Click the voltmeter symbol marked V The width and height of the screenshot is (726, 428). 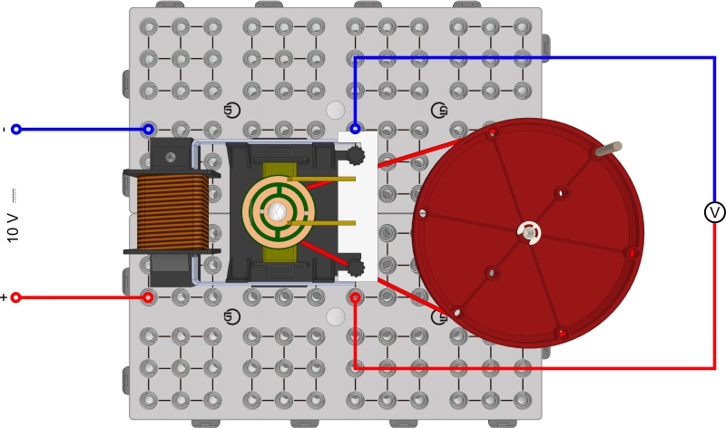tap(714, 212)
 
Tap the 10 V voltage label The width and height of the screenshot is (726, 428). tap(13, 221)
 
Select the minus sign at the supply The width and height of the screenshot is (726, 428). tap(4, 130)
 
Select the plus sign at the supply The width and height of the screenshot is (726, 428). tap(4, 297)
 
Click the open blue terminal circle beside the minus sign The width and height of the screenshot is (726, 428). tap(16, 130)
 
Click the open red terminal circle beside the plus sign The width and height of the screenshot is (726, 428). tap(16, 297)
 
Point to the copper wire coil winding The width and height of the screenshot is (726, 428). tap(172, 212)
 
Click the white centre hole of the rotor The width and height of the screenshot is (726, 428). tap(279, 212)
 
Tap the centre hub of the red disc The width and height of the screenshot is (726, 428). tap(529, 233)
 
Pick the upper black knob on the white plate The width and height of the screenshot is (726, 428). tap(356, 156)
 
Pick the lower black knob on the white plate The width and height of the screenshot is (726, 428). tap(356, 267)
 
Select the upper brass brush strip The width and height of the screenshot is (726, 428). tap(322, 180)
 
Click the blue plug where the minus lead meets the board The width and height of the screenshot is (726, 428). tap(148, 130)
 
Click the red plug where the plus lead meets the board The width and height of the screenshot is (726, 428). tap(148, 297)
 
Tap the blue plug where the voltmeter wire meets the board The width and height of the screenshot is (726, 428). tap(356, 129)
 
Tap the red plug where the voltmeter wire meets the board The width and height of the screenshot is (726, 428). tap(356, 297)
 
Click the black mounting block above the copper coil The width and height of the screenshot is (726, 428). tap(171, 154)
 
